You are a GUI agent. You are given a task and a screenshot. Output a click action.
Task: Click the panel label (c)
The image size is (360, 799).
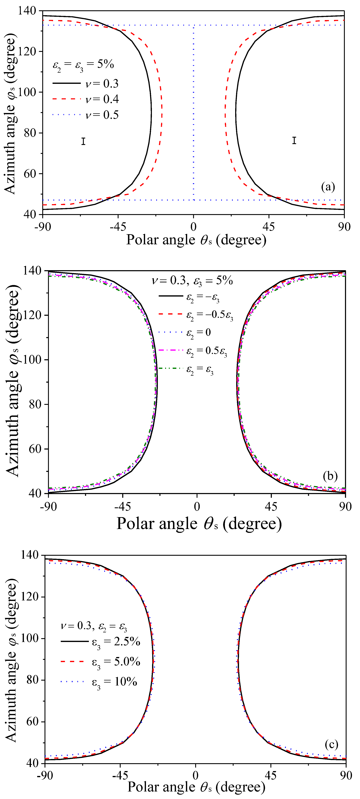coord(331,744)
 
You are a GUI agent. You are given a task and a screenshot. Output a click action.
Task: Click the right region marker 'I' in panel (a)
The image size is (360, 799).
coord(294,141)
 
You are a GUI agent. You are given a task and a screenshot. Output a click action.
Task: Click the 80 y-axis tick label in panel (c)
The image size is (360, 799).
coord(32,680)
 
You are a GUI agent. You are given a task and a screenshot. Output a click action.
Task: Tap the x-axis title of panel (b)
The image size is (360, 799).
coord(199,524)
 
